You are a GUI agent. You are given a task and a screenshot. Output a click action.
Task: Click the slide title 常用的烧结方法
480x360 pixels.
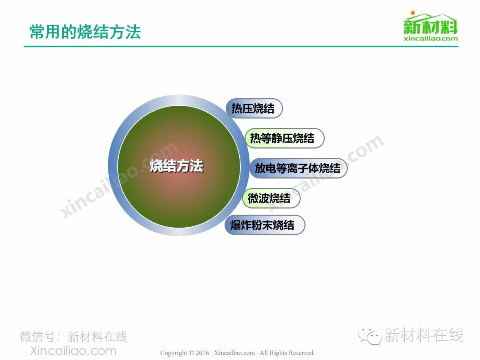pyautogui.click(x=85, y=32)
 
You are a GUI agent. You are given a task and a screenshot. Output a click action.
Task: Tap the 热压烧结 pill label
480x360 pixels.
pyautogui.click(x=254, y=108)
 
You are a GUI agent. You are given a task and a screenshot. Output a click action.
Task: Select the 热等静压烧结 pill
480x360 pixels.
pyautogui.click(x=284, y=138)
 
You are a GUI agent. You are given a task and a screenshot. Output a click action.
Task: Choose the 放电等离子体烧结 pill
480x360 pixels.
pyautogui.click(x=298, y=168)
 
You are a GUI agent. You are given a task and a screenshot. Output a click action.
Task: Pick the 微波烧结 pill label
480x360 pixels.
pyautogui.click(x=271, y=198)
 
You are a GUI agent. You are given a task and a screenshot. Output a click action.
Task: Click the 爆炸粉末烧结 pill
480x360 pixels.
pyautogui.click(x=265, y=225)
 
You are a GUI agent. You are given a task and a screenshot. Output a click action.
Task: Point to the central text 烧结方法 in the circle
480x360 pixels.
pyautogui.click(x=177, y=166)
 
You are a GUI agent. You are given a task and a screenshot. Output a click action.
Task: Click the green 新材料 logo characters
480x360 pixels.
pyautogui.click(x=430, y=27)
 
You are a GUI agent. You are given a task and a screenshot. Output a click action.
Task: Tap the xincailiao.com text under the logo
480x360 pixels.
pyautogui.click(x=430, y=39)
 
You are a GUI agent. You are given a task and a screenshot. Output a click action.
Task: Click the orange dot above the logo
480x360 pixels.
pyautogui.click(x=412, y=13)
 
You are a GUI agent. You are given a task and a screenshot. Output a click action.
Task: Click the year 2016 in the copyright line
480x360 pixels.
pyautogui.click(x=202, y=353)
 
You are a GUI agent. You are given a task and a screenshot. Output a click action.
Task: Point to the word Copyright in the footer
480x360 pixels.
pyautogui.click(x=174, y=353)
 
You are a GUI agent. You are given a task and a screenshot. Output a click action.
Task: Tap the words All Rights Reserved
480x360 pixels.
pyautogui.click(x=286, y=353)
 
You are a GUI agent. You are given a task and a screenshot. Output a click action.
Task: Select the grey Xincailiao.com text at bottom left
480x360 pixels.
pyautogui.click(x=73, y=351)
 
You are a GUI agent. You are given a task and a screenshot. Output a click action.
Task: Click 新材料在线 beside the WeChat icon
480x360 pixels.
pyautogui.click(x=424, y=335)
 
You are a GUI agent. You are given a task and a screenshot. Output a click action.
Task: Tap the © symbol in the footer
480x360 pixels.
pyautogui.click(x=191, y=353)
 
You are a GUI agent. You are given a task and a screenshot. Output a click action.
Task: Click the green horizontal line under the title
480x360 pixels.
pyautogui.click(x=241, y=46)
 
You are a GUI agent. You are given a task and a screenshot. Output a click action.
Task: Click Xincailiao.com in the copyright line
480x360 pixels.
pyautogui.click(x=234, y=353)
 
